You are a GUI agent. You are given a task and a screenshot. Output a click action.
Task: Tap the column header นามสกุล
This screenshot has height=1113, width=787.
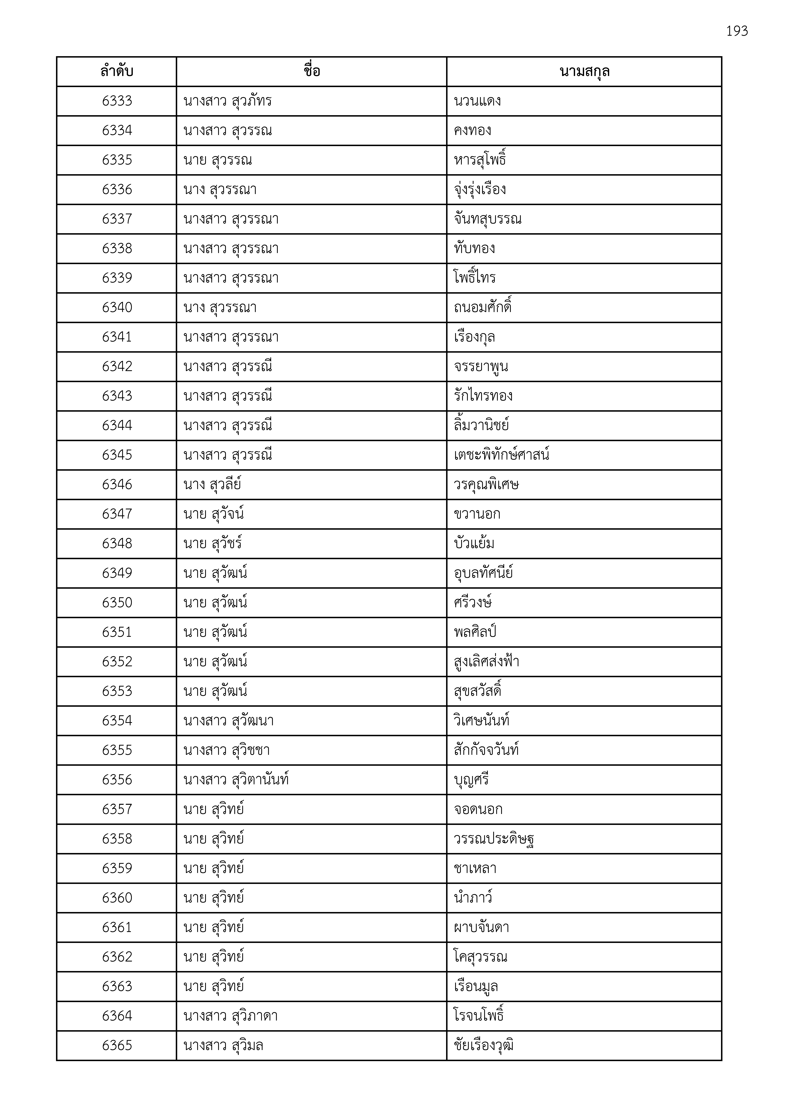(584, 72)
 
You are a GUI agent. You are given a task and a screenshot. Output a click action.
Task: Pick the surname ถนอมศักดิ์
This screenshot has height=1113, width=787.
(482, 307)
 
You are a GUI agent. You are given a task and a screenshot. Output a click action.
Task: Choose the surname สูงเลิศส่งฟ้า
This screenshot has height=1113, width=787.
(486, 662)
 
